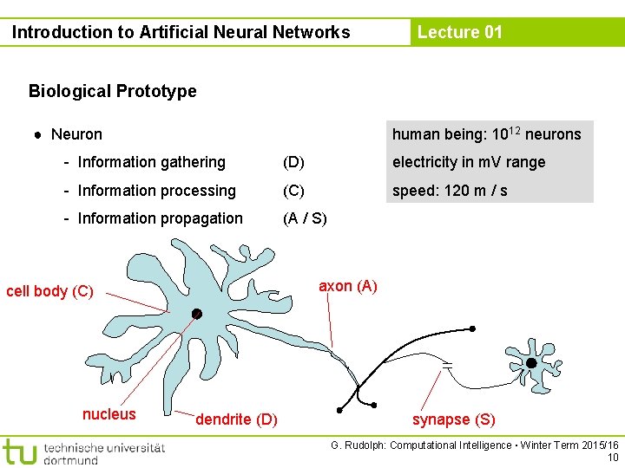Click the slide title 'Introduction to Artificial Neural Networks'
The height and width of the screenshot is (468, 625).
[x=181, y=33]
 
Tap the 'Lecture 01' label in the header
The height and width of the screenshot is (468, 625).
[x=459, y=33]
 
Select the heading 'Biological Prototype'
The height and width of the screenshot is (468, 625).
[x=112, y=91]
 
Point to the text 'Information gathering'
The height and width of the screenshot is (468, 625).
[x=151, y=162]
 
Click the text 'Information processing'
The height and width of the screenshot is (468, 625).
[x=156, y=191]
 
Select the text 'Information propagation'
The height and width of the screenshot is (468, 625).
[x=160, y=218]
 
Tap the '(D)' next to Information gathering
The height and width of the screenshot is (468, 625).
[x=293, y=162]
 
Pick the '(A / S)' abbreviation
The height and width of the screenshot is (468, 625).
[x=305, y=218]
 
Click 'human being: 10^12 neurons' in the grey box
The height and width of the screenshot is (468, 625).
[x=486, y=134]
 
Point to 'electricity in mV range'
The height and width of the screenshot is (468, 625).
[x=469, y=162]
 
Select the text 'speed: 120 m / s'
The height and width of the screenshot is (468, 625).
[x=450, y=191]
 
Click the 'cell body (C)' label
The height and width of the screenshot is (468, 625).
[x=49, y=291]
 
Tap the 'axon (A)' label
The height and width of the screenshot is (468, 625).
[x=347, y=286]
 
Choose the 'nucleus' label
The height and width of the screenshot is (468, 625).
[x=109, y=414]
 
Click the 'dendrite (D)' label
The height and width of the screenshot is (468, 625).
[x=236, y=419]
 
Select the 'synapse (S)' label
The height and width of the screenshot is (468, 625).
[x=453, y=419]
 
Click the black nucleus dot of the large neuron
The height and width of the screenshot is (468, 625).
[x=197, y=314]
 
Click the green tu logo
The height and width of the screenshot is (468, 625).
[x=19, y=451]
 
